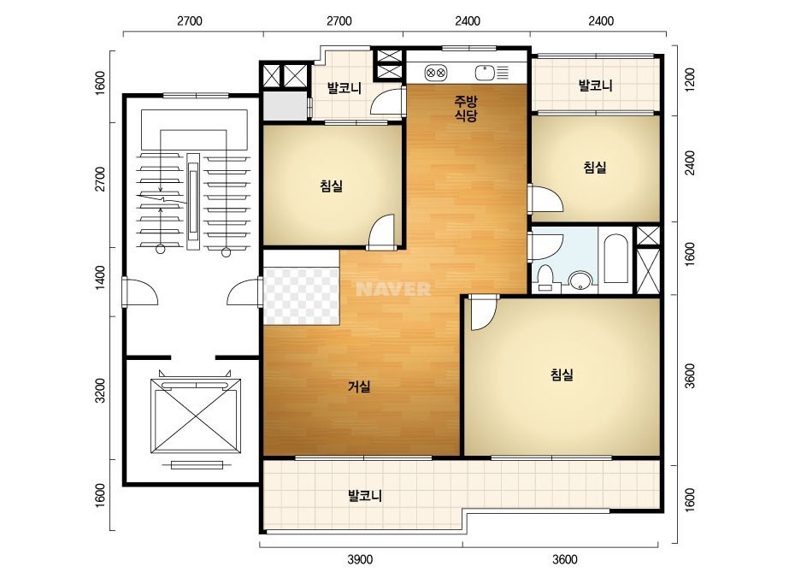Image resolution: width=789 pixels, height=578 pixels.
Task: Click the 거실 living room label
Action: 359,386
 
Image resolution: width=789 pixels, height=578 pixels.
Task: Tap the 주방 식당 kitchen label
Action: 466,109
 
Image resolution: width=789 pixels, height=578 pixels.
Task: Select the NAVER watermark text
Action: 393,289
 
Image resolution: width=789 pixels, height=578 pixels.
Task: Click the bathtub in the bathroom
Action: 615,258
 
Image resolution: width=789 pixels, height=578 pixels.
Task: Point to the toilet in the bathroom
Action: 545,278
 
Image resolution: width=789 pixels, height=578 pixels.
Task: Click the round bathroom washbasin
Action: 580,280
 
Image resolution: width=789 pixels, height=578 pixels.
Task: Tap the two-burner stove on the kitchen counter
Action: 436,73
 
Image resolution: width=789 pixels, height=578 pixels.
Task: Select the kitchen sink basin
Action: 485,73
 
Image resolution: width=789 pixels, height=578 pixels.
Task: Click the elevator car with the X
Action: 196,416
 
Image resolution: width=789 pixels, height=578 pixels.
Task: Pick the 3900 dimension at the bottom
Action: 360,559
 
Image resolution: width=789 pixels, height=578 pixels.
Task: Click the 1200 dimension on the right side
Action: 690,80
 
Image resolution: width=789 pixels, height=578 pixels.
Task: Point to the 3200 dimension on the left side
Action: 101,390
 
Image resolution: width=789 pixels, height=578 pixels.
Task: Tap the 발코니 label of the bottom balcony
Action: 365,496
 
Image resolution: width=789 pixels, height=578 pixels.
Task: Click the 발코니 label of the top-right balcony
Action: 596,86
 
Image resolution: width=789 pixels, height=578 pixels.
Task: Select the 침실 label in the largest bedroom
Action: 562,375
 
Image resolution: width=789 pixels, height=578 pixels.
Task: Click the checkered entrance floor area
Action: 301,296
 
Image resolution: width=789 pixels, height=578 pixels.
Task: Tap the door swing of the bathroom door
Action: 547,245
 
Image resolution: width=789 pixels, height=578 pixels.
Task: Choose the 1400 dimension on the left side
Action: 101,277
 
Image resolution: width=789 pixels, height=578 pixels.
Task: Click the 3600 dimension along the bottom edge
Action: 565,559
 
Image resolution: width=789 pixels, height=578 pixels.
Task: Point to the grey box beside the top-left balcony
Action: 286,106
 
